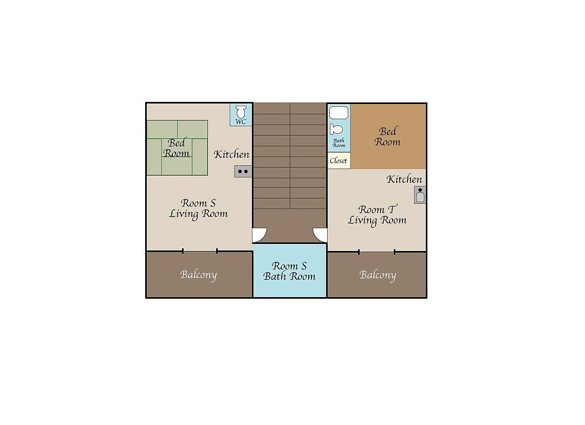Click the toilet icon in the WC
click(241, 112)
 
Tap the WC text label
click(240, 122)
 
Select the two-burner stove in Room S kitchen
click(243, 171)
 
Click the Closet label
click(339, 160)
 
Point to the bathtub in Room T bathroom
click(339, 113)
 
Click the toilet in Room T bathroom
click(336, 130)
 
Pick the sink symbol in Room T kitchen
click(420, 195)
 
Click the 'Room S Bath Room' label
click(289, 271)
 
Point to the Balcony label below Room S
click(198, 275)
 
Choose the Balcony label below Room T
click(378, 275)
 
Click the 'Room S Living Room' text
click(198, 208)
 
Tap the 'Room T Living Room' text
click(377, 215)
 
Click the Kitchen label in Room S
click(231, 154)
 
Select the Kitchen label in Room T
click(404, 179)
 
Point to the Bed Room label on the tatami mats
click(176, 148)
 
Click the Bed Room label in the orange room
click(388, 137)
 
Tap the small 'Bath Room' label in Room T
click(339, 143)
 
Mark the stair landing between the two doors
click(290, 226)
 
